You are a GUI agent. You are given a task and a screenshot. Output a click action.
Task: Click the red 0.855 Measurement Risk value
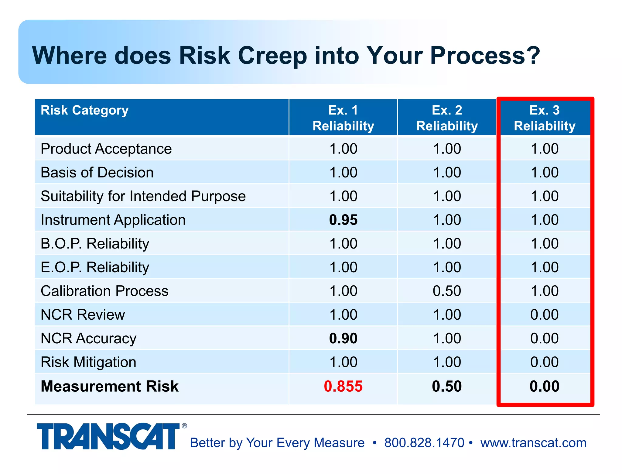(343, 386)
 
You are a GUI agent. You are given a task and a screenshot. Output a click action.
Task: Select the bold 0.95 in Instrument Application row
(343, 220)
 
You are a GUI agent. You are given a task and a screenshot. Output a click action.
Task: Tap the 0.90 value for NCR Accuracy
(343, 338)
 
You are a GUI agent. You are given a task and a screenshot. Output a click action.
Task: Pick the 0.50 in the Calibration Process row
(447, 291)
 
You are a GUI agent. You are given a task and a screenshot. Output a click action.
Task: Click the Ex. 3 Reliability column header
(545, 118)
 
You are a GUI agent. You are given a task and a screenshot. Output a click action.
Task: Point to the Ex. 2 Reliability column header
(447, 118)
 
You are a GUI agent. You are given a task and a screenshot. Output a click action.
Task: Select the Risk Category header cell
(84, 110)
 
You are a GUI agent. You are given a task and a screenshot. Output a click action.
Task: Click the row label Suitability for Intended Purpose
(143, 196)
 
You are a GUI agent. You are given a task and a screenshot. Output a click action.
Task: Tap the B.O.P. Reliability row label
(95, 243)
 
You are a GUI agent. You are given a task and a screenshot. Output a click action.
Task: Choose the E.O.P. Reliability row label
(95, 267)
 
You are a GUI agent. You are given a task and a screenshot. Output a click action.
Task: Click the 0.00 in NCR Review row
(544, 314)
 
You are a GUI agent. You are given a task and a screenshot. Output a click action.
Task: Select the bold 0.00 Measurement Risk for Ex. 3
(544, 386)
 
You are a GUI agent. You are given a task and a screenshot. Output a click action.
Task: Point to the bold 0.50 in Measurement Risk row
(447, 386)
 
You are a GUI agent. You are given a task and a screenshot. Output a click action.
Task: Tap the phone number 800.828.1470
(424, 443)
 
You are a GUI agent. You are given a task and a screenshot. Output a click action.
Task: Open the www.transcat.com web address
(533, 443)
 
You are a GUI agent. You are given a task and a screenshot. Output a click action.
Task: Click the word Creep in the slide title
(272, 55)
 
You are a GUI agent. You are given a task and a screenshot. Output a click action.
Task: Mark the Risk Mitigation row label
(88, 362)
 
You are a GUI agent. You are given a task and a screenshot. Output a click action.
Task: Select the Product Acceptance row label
(106, 149)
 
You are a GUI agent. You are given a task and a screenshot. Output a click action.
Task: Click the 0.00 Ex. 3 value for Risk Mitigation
(544, 362)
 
